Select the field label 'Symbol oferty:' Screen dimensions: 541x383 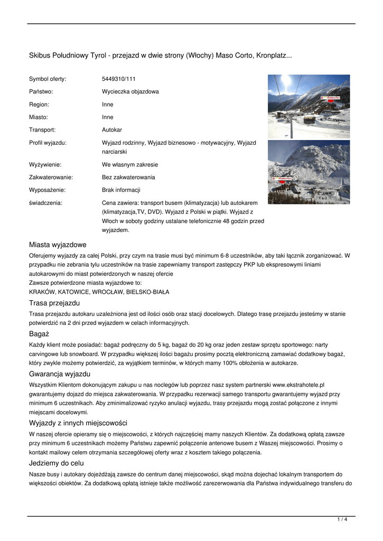pyautogui.click(x=48, y=79)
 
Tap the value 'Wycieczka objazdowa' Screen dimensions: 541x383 pyautogui.click(x=130, y=91)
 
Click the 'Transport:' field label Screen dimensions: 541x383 pyautogui.click(x=42, y=129)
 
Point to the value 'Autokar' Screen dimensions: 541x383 pyautogui.click(x=112, y=129)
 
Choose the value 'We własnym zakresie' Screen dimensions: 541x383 pyautogui.click(x=129, y=164)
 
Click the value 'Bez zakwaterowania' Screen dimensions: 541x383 pyautogui.click(x=128, y=177)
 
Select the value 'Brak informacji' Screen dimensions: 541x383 pyautogui.click(x=121, y=190)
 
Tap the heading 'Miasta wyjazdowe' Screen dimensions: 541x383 pyautogui.click(x=58, y=245)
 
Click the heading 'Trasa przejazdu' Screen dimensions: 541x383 pyautogui.click(x=54, y=303)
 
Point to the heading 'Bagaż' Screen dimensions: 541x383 pyautogui.click(x=39, y=334)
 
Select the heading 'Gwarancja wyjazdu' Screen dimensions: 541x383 pyautogui.click(x=60, y=374)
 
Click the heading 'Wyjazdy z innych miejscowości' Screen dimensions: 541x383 pyautogui.click(x=78, y=423)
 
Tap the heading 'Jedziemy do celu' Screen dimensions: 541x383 pyautogui.click(x=57, y=463)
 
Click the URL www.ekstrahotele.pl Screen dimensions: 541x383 pyautogui.click(x=298, y=385)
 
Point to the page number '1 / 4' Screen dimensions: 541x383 pyautogui.click(x=342, y=520)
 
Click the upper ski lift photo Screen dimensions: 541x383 pyautogui.click(x=309, y=106)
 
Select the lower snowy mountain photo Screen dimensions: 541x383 pyautogui.click(x=309, y=172)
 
